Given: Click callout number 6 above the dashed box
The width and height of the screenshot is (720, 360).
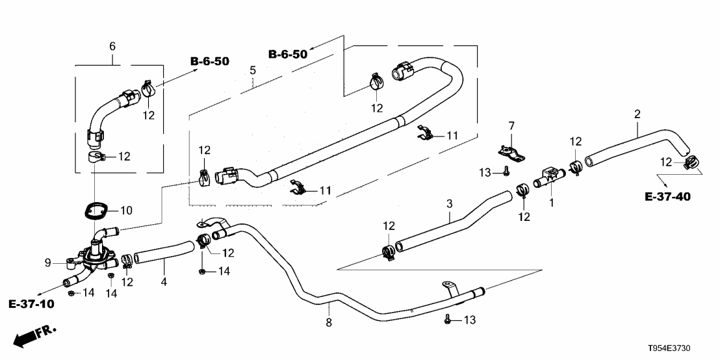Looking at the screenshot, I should tap(112, 46).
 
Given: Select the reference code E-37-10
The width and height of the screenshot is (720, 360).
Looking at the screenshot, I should tap(31, 303).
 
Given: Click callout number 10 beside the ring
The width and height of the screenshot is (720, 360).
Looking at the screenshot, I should tap(126, 211).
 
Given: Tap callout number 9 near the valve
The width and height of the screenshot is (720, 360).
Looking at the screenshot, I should tap(47, 263).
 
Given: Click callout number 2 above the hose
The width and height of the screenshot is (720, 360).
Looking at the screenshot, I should tap(637, 114).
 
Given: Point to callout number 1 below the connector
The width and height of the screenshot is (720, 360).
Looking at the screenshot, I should tap(552, 203).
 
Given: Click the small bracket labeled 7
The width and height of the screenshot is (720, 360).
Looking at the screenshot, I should tap(511, 153).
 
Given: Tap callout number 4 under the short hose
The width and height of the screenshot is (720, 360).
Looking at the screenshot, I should tap(164, 282).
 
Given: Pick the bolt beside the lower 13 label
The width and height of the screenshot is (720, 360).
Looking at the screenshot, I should tap(447, 320).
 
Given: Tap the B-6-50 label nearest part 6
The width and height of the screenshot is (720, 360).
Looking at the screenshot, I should tap(209, 62).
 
